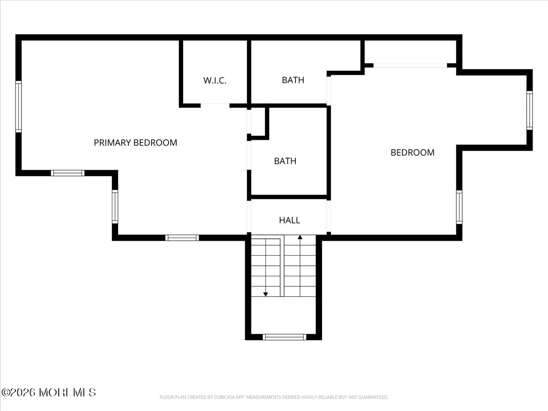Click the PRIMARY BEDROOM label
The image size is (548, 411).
click(x=135, y=143)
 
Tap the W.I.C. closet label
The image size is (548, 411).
click(x=215, y=80)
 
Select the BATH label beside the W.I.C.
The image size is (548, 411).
click(x=293, y=80)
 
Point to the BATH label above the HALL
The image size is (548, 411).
click(x=285, y=161)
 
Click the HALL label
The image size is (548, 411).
click(x=290, y=220)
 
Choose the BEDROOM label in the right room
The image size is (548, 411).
click(x=412, y=153)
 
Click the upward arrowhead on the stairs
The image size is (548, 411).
click(x=300, y=237)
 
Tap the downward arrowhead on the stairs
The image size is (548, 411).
click(x=266, y=295)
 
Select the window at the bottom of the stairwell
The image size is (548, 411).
click(x=285, y=337)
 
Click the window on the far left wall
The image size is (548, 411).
click(x=18, y=106)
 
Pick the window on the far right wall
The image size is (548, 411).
click(x=530, y=111)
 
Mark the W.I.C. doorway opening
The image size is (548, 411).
click(x=215, y=105)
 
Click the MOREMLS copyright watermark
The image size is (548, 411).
click(x=48, y=393)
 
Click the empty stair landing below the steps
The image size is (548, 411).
click(x=284, y=316)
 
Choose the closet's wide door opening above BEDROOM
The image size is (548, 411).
click(x=410, y=65)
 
